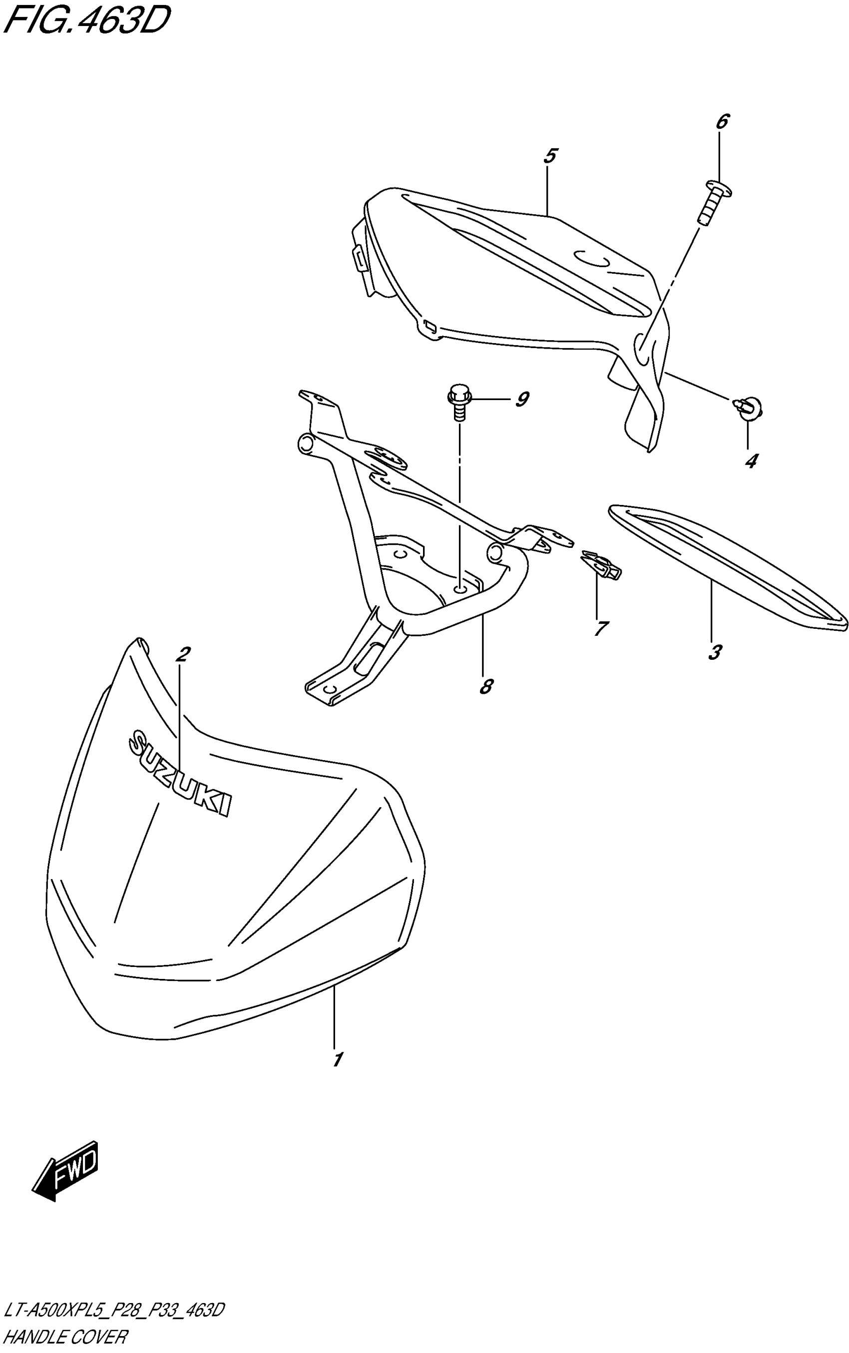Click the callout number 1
337,1059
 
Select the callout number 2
182,654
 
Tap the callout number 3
714,652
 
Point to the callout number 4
751,461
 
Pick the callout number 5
550,156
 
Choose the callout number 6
722,121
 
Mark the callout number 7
600,628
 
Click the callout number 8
486,686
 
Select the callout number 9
522,400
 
